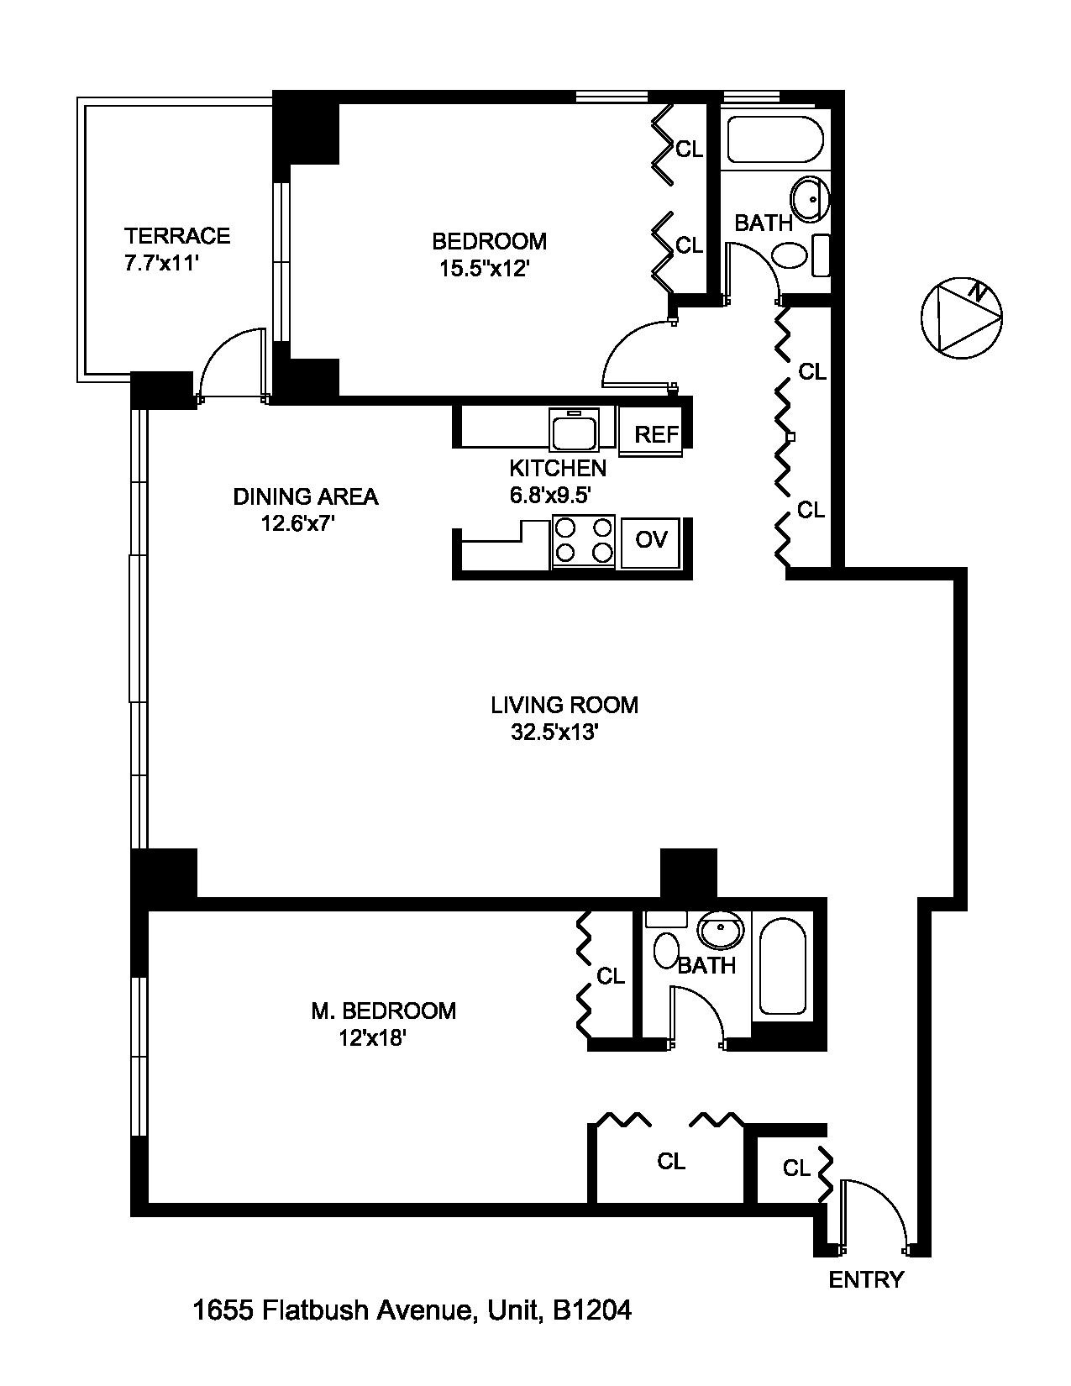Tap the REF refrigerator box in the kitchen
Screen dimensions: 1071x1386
pyautogui.click(x=655, y=433)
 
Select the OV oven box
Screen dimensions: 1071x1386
pyautogui.click(x=650, y=539)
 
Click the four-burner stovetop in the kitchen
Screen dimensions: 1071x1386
pyautogui.click(x=584, y=540)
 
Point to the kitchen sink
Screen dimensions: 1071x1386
pyautogui.click(x=573, y=429)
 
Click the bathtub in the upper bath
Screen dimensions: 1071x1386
pyautogui.click(x=774, y=139)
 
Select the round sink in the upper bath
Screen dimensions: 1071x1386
pyautogui.click(x=810, y=199)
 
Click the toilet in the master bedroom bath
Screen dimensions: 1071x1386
pyautogui.click(x=667, y=950)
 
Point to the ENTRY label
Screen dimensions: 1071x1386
pyautogui.click(x=866, y=1279)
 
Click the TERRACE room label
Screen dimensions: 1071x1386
pyautogui.click(x=177, y=236)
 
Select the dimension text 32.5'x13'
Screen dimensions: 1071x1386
pyautogui.click(x=554, y=732)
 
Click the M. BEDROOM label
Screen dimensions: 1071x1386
pyautogui.click(x=383, y=1011)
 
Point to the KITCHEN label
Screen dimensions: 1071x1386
pyautogui.click(x=558, y=468)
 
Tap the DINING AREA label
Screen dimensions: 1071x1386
pyautogui.click(x=305, y=496)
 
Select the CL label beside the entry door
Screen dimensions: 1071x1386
pyautogui.click(x=795, y=1168)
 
